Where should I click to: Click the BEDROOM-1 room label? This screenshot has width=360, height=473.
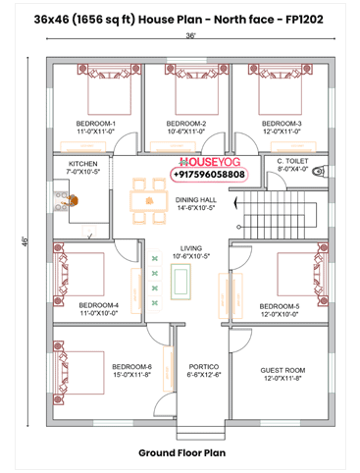pyautogui.click(x=97, y=123)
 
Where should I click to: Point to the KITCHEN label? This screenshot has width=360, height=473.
pyautogui.click(x=82, y=164)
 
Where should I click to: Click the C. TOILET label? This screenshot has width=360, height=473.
pyautogui.click(x=292, y=160)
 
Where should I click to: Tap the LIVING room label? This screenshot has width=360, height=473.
pyautogui.click(x=190, y=248)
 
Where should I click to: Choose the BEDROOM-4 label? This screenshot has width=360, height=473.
pyautogui.click(x=98, y=305)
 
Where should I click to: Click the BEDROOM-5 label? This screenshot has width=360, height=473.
pyautogui.click(x=280, y=306)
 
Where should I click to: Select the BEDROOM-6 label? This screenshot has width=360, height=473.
pyautogui.click(x=131, y=365)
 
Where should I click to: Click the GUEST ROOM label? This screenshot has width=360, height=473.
pyautogui.click(x=283, y=371)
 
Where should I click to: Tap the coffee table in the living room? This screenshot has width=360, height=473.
pyautogui.click(x=180, y=283)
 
